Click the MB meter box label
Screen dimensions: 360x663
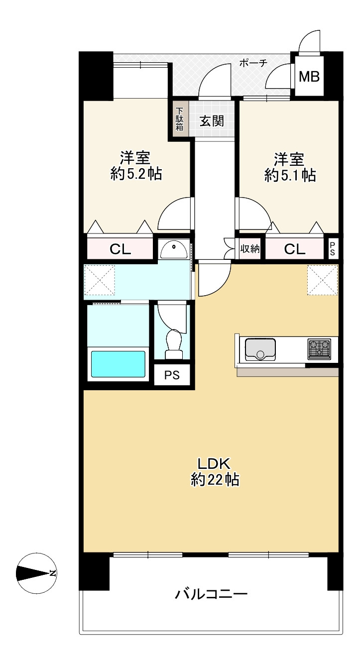309,77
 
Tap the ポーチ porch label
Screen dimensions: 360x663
253,63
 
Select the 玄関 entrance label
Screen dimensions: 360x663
212,121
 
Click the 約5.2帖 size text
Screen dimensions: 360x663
136,174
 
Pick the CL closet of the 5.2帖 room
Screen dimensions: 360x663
120,249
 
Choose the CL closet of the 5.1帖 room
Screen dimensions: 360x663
295,249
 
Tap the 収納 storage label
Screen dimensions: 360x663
250,249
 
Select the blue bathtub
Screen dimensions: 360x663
118,364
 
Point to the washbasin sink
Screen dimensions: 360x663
174,249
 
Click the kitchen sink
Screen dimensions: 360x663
260,349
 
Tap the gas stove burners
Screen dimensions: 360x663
319,349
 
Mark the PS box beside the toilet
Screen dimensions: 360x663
172,375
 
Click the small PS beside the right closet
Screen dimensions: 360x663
333,249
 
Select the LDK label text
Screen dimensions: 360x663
214,463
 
